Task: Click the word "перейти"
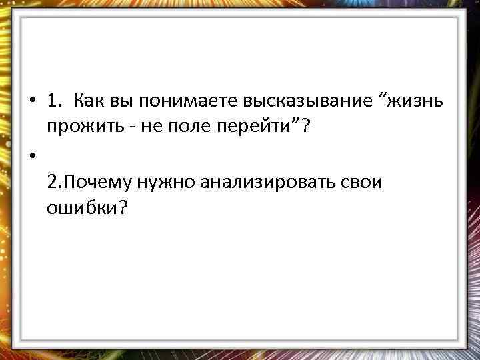click(251, 127)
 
